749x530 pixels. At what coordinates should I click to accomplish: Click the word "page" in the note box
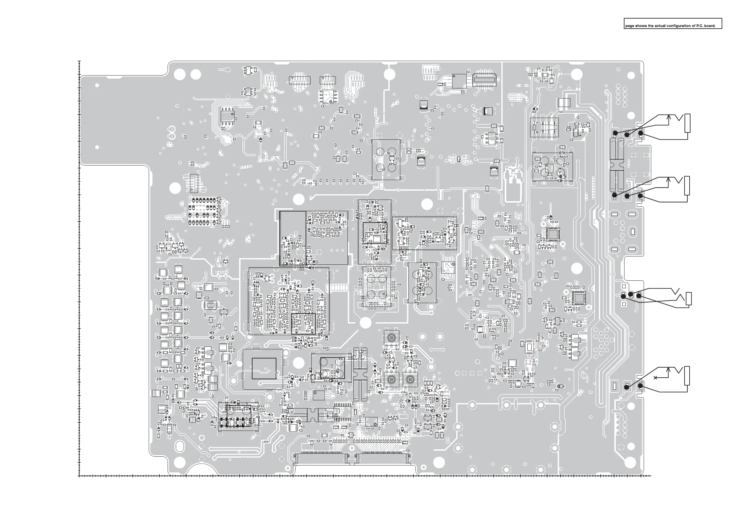(x=629, y=26)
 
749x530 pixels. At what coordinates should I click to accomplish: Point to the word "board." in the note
(x=710, y=26)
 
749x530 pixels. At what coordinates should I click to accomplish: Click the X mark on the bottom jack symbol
(x=655, y=378)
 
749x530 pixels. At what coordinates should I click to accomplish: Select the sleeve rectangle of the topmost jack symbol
(x=687, y=123)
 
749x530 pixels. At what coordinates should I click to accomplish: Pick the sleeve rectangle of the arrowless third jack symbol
(x=689, y=299)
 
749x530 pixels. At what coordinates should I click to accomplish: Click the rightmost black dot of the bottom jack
(x=641, y=386)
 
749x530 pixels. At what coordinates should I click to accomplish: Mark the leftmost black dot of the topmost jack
(x=615, y=133)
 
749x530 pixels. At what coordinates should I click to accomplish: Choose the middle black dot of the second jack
(x=627, y=196)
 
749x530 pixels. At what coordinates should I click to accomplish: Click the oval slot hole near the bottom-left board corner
(x=180, y=446)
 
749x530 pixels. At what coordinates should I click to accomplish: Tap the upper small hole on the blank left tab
(x=97, y=86)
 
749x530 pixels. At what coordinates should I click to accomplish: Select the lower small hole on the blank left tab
(x=97, y=147)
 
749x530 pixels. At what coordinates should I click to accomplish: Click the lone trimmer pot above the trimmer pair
(x=391, y=338)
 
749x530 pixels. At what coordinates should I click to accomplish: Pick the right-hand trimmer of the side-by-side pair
(x=410, y=379)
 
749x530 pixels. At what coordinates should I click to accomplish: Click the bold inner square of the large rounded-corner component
(x=264, y=368)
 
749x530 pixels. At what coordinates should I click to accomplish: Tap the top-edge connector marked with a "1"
(x=485, y=79)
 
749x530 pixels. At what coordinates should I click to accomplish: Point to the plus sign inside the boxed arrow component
(x=537, y=132)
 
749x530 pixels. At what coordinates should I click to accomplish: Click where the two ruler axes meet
(x=79, y=476)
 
